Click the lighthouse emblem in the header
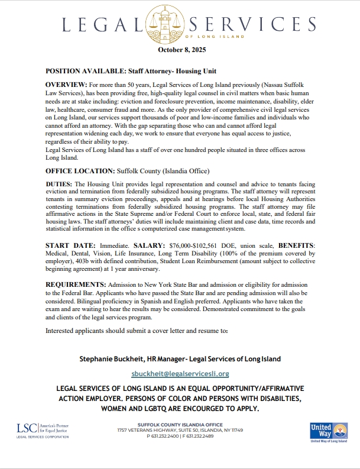(x=180, y=24)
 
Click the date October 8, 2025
(x=180, y=49)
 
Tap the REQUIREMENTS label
(x=75, y=285)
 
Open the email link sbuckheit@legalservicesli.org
(x=180, y=374)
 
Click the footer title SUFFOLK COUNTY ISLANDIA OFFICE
(x=180, y=425)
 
